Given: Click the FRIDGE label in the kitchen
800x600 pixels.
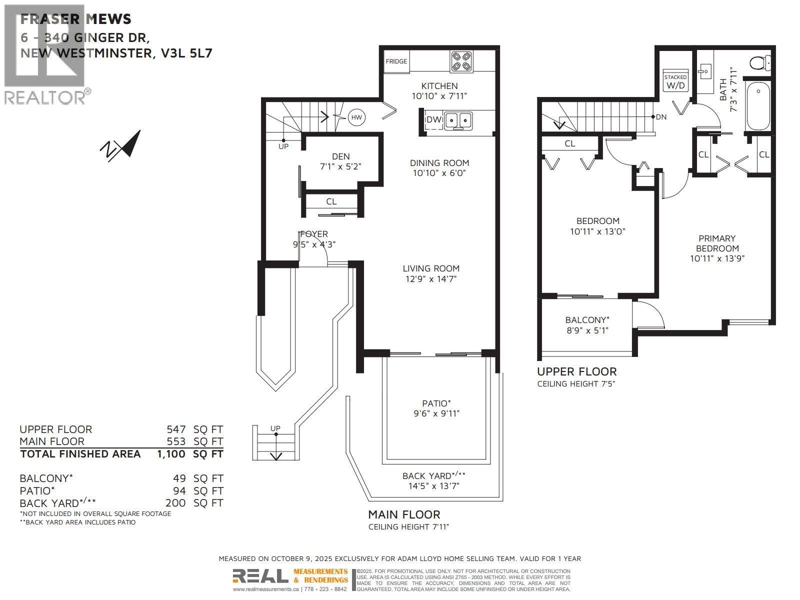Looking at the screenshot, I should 396,61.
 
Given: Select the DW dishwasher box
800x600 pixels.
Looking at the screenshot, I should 433,120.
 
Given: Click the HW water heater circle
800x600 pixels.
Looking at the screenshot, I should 356,118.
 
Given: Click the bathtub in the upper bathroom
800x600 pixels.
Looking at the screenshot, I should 757,106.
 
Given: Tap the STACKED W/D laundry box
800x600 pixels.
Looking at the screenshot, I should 675,81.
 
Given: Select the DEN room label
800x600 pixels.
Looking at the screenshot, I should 340,156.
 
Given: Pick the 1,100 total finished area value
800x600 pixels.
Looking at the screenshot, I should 171,454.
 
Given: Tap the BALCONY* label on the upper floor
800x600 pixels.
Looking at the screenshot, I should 587,320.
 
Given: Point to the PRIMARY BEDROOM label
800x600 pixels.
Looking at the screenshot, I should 717,243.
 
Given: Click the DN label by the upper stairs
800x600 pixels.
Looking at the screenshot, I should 661,117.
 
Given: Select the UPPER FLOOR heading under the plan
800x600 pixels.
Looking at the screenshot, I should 576,371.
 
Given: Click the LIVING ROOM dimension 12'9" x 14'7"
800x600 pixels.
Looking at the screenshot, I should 431,279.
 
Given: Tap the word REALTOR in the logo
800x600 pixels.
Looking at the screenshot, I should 45,97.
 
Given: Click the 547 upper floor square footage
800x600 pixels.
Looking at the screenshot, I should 176,429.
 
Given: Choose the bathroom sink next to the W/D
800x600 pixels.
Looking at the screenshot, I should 705,71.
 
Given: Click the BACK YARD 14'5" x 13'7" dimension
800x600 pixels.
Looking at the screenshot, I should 433,486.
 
